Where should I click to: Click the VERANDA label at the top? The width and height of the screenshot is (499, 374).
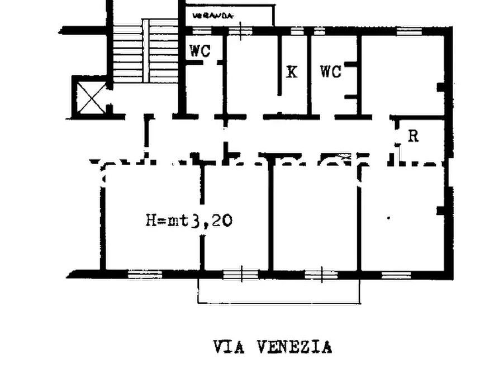213,16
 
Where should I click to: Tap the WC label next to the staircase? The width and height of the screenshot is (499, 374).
199,51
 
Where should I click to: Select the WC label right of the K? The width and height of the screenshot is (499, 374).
330,72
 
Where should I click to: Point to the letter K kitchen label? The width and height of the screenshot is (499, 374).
291,72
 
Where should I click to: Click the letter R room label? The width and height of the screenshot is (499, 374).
413,136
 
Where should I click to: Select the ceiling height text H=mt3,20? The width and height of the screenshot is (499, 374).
189,220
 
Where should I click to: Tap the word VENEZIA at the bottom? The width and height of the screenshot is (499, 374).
294,347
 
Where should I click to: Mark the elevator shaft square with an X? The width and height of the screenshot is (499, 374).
90,97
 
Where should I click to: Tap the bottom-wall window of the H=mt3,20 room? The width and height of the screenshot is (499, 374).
145,274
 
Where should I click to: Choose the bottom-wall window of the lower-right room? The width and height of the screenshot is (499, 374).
396,274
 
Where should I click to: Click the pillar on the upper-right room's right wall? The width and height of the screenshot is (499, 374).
441,87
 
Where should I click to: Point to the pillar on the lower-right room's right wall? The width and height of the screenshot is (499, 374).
441,210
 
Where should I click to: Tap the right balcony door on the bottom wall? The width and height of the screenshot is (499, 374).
322,274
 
